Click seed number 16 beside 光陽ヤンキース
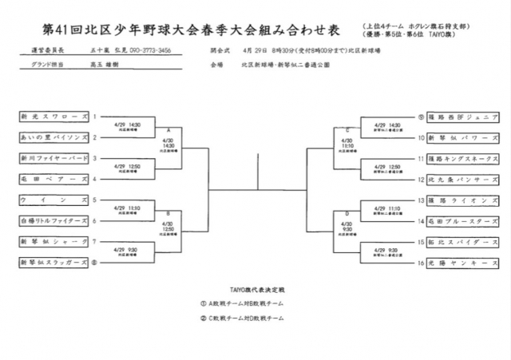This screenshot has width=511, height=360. point(420,262)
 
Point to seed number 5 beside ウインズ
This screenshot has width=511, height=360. point(94,200)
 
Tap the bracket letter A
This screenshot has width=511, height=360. point(168,129)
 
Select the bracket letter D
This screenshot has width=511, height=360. point(347,212)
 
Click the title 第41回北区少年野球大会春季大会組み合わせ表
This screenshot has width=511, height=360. point(191,30)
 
